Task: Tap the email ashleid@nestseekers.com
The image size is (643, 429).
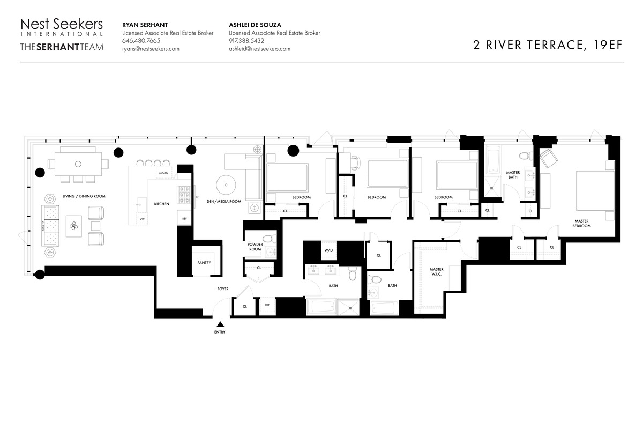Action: pyautogui.click(x=259, y=49)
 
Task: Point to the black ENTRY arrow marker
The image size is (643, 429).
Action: pyautogui.click(x=220, y=324)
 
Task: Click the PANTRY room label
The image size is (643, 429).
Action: pyautogui.click(x=204, y=263)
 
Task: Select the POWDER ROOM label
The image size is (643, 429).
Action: pyautogui.click(x=255, y=247)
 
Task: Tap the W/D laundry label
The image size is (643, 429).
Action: pyautogui.click(x=328, y=250)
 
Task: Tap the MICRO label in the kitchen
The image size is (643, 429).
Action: pyautogui.click(x=164, y=173)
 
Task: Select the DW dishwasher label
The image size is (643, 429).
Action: pyautogui.click(x=141, y=219)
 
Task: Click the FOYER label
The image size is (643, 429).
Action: pyautogui.click(x=223, y=289)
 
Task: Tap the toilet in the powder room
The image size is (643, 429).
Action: pyautogui.click(x=268, y=238)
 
